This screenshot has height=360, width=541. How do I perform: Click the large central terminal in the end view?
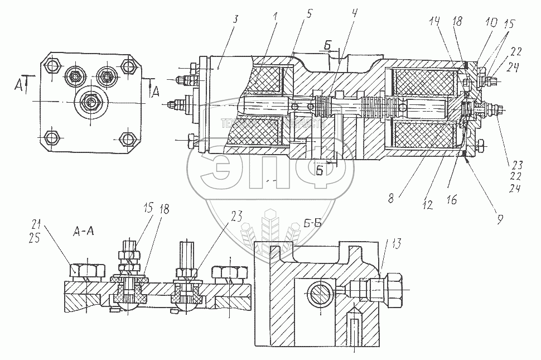[x=90, y=102]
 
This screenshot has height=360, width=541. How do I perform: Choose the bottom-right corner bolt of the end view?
[x=128, y=137]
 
